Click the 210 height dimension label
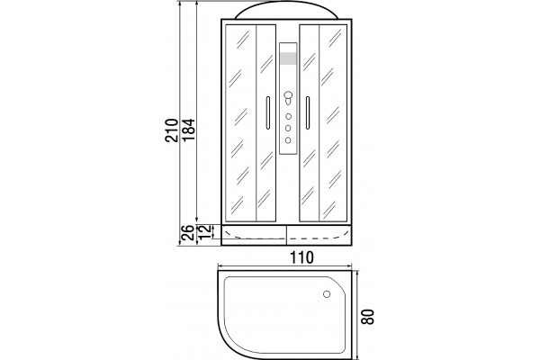click(171, 130)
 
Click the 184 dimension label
click(188, 130)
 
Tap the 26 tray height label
click(187, 232)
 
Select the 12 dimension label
click(204, 232)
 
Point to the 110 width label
click(301, 257)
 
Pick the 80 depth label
click(368, 317)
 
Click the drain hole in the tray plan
click(327, 294)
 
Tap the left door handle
click(268, 113)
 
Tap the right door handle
click(308, 113)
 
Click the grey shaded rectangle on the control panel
click(288, 58)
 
